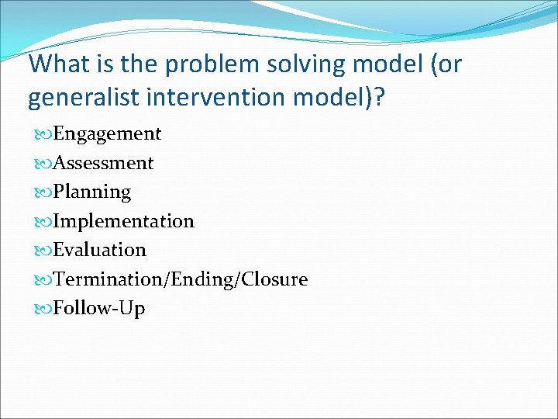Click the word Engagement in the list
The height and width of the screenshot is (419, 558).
[107, 134]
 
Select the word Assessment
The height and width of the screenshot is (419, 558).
[103, 163]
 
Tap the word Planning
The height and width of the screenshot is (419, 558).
[92, 192]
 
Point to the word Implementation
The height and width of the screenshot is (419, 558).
[123, 222]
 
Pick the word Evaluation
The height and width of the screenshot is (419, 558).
[99, 251]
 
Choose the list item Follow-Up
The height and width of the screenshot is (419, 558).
[99, 309]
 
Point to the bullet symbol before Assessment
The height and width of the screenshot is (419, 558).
[40, 164]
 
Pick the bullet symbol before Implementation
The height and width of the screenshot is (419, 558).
[40, 222]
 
